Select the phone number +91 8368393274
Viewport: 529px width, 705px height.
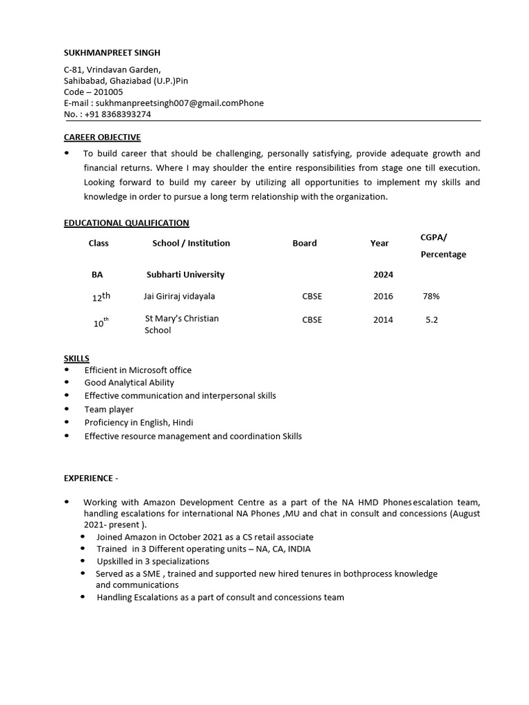117,114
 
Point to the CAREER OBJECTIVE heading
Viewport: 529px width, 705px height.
102,138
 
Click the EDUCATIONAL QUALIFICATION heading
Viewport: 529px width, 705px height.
126,223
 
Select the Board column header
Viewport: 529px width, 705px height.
304,243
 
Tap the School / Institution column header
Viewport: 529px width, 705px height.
191,243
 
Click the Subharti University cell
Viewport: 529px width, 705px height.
185,275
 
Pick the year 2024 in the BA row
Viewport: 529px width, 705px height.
383,275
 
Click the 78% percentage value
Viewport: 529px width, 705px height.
431,297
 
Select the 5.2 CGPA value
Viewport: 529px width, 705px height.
432,320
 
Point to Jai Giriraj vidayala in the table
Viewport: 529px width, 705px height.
179,297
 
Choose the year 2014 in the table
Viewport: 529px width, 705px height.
383,320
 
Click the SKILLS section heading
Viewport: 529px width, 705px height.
76,359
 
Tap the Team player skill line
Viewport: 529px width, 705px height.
109,410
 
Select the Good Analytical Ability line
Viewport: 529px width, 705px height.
129,383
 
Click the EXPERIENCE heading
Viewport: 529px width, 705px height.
90,477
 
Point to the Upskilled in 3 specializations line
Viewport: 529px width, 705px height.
153,562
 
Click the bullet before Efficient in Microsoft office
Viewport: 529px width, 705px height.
67,370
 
